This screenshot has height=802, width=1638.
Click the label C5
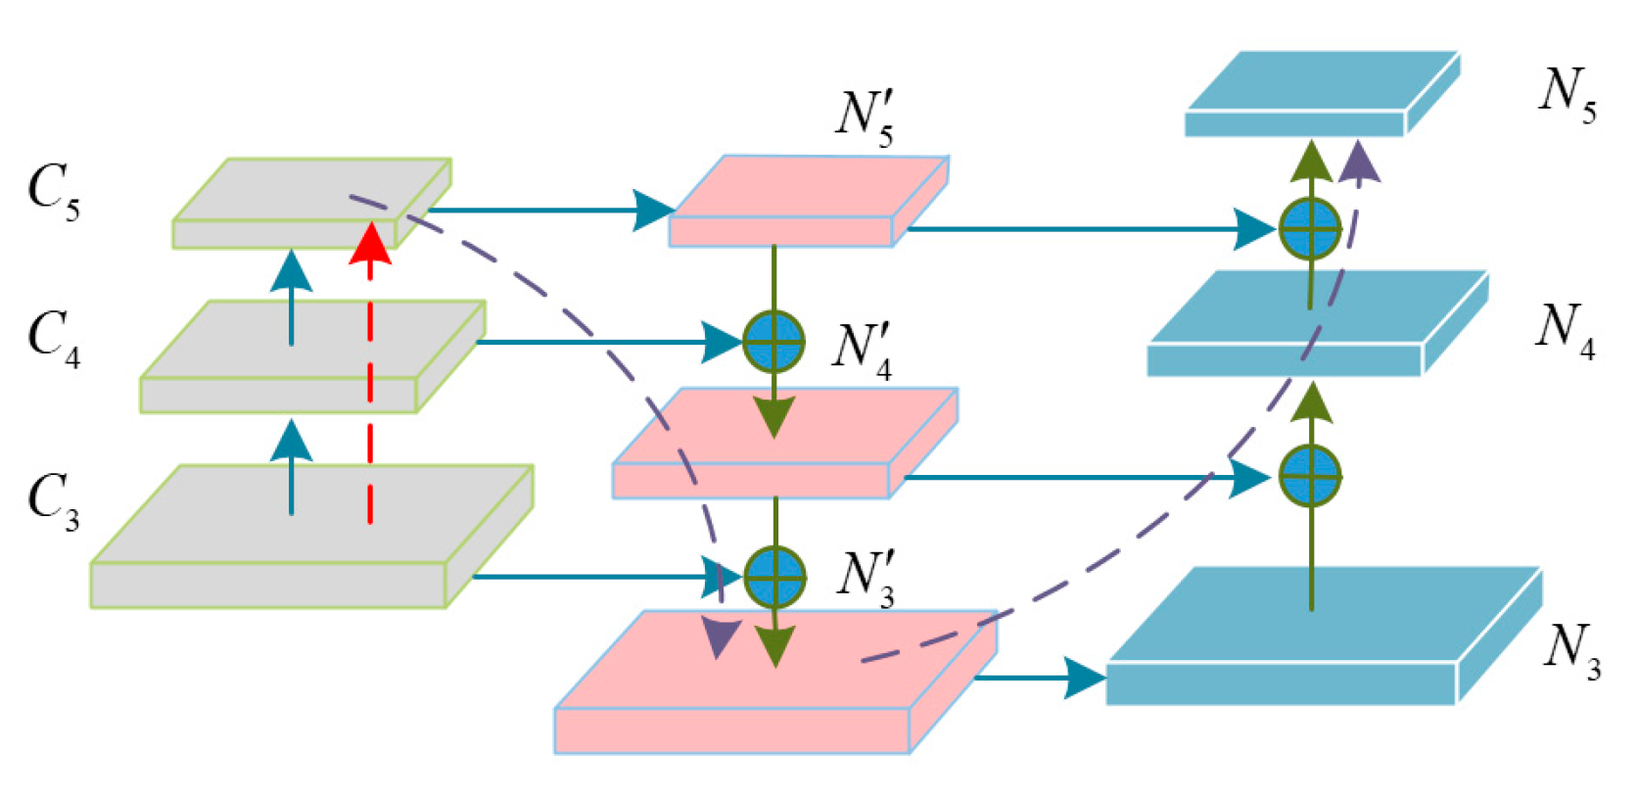point(54,192)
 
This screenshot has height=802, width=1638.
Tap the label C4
point(54,339)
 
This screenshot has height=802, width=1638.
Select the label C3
point(54,500)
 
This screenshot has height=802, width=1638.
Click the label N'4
point(863,351)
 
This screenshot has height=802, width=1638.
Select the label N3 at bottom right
point(1572,652)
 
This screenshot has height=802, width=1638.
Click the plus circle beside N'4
point(773,342)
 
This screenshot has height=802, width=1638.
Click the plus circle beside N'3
point(774,577)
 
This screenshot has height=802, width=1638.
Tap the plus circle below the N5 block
point(1310,229)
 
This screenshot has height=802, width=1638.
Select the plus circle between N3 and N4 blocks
point(1310,476)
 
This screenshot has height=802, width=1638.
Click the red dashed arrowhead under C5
point(370,245)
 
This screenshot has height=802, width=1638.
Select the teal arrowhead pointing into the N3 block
point(1085,678)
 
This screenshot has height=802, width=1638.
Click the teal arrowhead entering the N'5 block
point(653,210)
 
